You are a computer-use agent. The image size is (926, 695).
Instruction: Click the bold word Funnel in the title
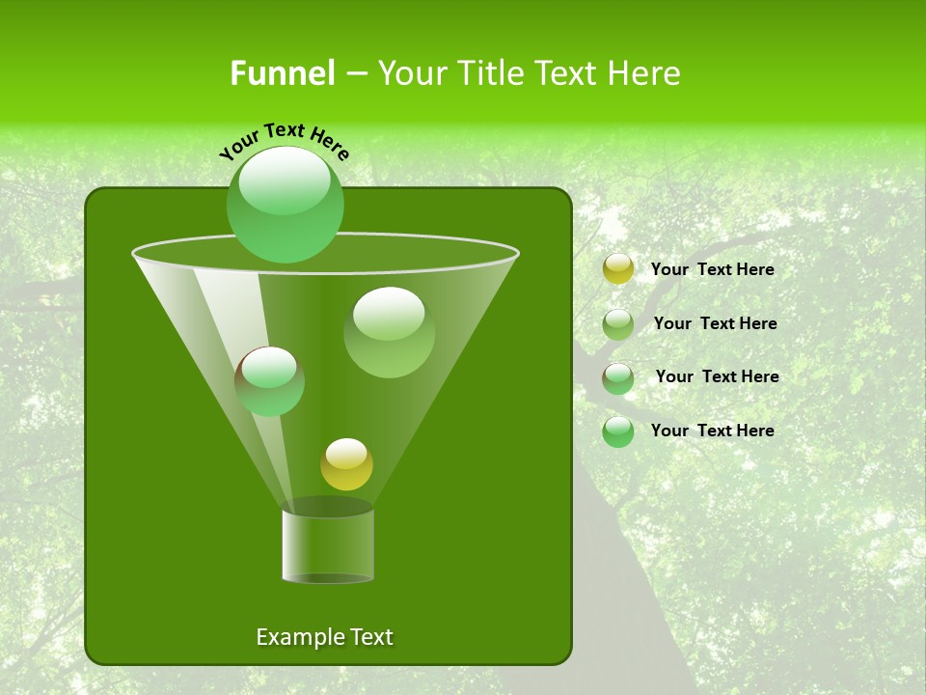click(283, 73)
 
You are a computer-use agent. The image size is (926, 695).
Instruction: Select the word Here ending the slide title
click(642, 73)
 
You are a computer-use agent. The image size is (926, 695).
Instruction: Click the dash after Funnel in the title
click(355, 73)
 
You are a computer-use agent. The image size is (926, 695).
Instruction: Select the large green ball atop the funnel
click(285, 204)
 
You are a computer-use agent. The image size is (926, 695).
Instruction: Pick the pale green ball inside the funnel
click(389, 331)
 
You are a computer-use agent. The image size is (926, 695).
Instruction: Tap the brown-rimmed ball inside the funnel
click(269, 380)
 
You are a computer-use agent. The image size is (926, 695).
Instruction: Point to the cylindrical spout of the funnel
click(327, 544)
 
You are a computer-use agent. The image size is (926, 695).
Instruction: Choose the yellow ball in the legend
click(617, 269)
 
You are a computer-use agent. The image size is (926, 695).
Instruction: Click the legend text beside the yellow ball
click(713, 269)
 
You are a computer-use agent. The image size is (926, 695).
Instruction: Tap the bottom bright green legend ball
click(617, 431)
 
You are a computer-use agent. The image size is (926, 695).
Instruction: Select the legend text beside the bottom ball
click(713, 431)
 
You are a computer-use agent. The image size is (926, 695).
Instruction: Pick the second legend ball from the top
click(617, 324)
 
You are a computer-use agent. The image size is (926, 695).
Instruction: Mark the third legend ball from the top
click(617, 378)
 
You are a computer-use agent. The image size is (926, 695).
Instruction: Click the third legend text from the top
click(718, 376)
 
